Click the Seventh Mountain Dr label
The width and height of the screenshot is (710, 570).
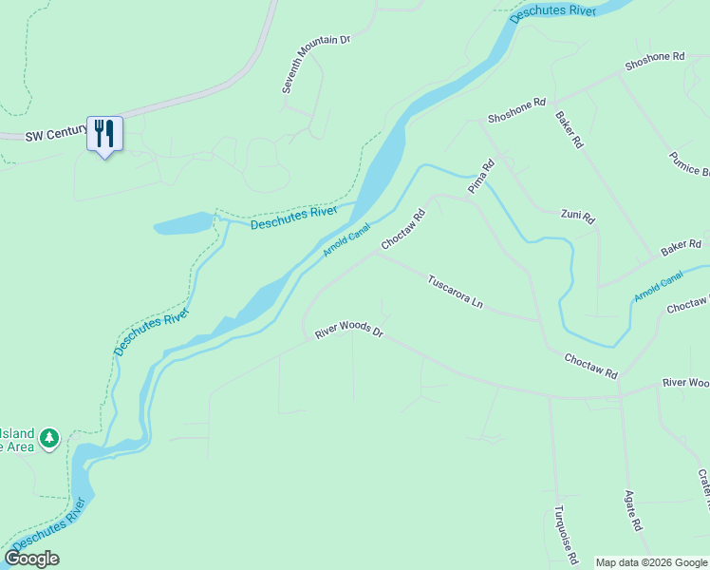(316, 64)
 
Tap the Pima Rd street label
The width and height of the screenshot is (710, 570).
(481, 177)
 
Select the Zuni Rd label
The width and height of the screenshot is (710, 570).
(577, 216)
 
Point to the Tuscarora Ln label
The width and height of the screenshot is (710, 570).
(456, 293)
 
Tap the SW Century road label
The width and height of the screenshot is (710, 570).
(56, 136)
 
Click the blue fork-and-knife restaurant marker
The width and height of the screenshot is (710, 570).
(104, 134)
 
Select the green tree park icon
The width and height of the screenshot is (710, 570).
(49, 438)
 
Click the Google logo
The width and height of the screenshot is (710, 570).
(31, 559)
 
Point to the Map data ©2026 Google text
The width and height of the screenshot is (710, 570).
(651, 562)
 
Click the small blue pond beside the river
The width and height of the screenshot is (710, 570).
(185, 224)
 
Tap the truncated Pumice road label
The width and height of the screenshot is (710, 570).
(690, 163)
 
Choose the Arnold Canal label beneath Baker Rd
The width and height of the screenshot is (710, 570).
(659, 284)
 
